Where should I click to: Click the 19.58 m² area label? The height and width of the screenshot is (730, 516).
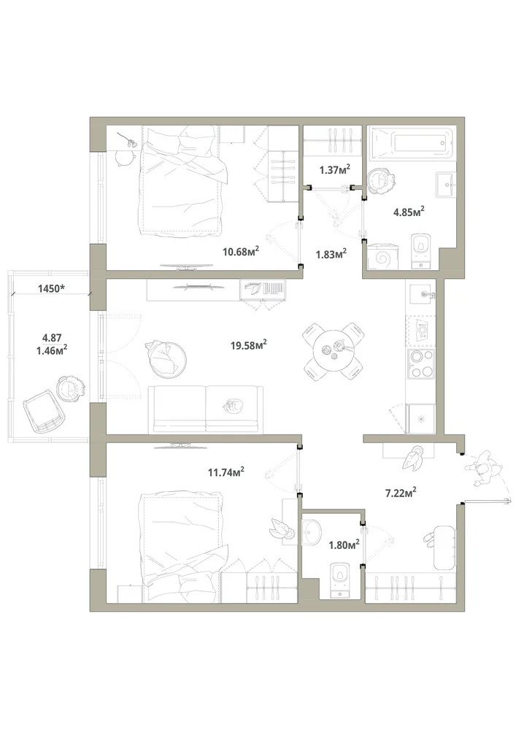[x=248, y=345]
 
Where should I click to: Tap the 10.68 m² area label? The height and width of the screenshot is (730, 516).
[x=241, y=252]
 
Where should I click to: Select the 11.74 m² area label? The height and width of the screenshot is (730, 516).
[x=226, y=472]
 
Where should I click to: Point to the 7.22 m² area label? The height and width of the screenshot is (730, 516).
[x=401, y=492]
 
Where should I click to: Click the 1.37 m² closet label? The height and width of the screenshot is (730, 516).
[x=334, y=170]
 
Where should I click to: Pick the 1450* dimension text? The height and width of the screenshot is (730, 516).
[x=51, y=288]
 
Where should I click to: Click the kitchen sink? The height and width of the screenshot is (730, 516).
[x=423, y=293]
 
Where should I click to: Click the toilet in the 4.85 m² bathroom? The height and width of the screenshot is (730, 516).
[x=422, y=251]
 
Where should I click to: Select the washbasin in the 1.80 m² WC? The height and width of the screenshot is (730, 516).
[x=312, y=531]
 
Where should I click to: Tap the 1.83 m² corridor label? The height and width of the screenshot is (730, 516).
[x=331, y=254]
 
